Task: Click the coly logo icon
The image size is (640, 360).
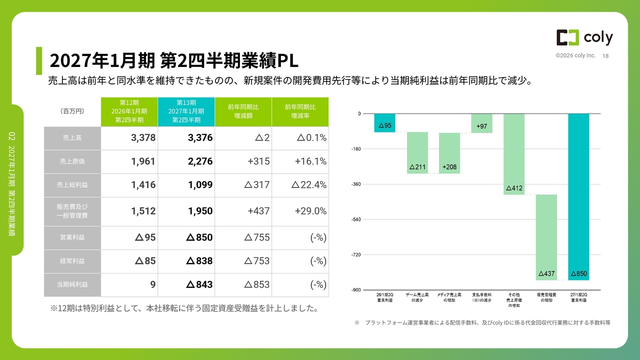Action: [567, 37]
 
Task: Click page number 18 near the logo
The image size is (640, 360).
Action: [605, 56]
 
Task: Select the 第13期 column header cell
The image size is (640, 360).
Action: [186, 111]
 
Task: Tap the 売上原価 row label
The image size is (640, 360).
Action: [72, 161]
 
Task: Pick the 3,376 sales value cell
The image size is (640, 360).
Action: [186, 138]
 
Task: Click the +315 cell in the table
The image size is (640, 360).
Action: [243, 161]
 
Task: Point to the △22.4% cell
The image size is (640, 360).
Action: [300, 185]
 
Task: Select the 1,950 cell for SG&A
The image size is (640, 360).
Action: [186, 211]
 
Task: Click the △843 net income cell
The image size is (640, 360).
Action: [186, 284]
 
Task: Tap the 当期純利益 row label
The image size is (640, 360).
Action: [72, 284]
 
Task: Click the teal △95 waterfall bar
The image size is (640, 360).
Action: [385, 123]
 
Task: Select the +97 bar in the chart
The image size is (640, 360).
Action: [481, 123]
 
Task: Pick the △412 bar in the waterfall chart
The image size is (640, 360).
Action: [514, 154]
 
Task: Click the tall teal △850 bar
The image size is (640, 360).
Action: [578, 197]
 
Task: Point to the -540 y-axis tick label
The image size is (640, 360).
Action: [356, 219]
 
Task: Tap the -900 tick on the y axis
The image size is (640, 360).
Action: [356, 290]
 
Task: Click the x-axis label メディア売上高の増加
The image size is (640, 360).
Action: [449, 297]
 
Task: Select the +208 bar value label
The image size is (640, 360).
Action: [449, 167]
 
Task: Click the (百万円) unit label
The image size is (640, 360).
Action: [72, 111]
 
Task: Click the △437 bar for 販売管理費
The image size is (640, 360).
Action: [546, 237]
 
